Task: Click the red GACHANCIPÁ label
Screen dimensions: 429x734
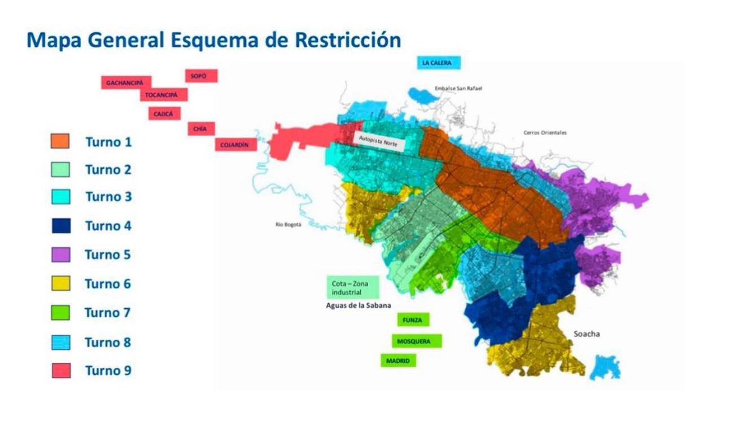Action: (x=126, y=82)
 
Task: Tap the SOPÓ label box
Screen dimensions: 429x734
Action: (x=201, y=76)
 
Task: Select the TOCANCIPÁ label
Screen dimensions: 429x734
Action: (x=164, y=95)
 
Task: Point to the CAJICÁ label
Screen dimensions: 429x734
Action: (x=164, y=114)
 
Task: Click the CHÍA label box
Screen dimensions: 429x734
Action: (x=200, y=129)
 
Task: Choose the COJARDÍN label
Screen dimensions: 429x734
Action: (x=235, y=145)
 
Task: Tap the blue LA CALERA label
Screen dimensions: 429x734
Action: (x=439, y=63)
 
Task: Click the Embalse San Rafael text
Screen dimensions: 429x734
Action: (x=458, y=89)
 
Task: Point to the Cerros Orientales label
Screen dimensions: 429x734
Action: (x=545, y=133)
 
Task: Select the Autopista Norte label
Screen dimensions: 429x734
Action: (x=379, y=141)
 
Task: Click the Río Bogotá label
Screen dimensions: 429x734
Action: (x=289, y=225)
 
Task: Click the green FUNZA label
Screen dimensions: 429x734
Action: (x=413, y=320)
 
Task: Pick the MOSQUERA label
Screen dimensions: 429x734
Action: (x=417, y=342)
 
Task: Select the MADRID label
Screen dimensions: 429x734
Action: (x=399, y=361)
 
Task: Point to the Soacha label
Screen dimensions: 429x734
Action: (x=587, y=334)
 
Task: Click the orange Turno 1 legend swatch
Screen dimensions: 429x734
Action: (x=60, y=141)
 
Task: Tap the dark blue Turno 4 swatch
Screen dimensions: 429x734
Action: (x=60, y=226)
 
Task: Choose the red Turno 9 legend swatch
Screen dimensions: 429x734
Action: (x=61, y=370)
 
